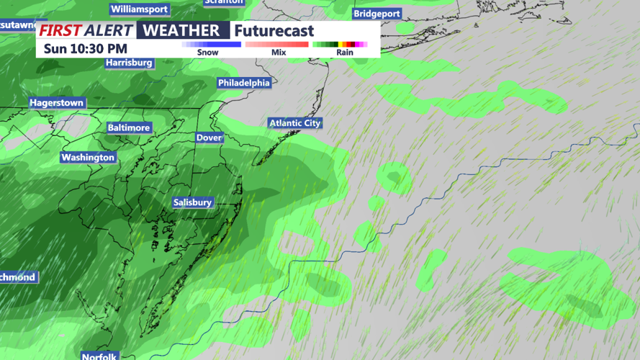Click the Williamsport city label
click(140, 10)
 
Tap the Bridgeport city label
click(377, 14)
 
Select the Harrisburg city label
click(129, 63)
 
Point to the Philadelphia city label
click(244, 83)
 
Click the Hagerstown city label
click(56, 103)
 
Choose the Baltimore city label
click(129, 127)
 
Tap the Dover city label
click(209, 138)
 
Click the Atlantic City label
click(295, 123)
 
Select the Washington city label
click(88, 158)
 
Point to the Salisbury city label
click(192, 202)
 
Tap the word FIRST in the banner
click(60, 30)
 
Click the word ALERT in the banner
click(109, 30)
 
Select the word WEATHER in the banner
click(181, 30)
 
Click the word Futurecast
click(274, 31)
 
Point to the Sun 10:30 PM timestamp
click(85, 48)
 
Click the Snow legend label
click(207, 53)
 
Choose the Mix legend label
click(279, 53)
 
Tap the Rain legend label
click(345, 53)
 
